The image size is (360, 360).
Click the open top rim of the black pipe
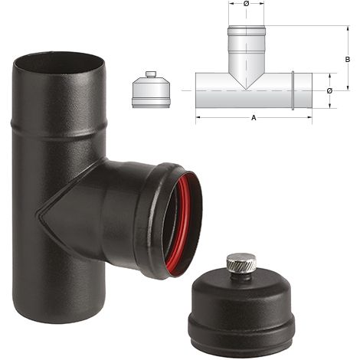click(x=58, y=64)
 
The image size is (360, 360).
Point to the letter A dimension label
click(x=254, y=117)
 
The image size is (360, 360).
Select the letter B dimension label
click(x=347, y=60)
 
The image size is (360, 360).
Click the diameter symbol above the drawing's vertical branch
click(x=246, y=4)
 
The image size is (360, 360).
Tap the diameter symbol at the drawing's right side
click(x=329, y=91)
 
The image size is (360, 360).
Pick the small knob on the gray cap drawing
click(x=151, y=74)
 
